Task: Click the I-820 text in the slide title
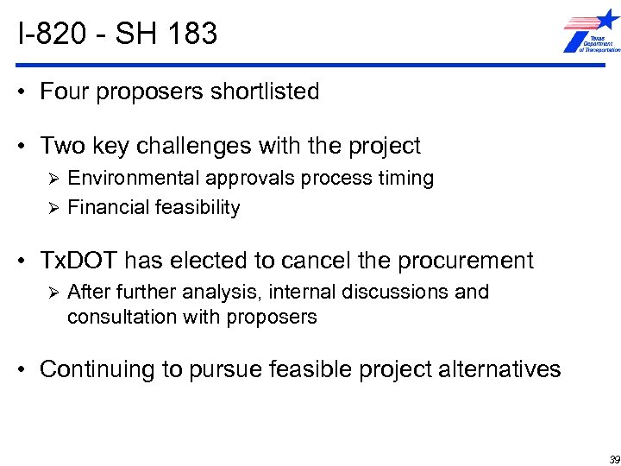pyautogui.click(x=49, y=34)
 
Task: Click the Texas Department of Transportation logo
pyautogui.click(x=590, y=34)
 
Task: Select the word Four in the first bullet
pyautogui.click(x=66, y=91)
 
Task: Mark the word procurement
pyautogui.click(x=471, y=260)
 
